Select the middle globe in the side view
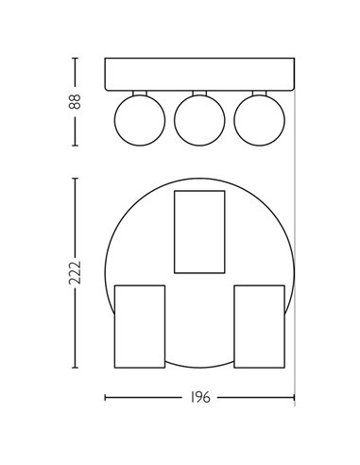198,121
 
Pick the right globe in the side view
259,121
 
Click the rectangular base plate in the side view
198,75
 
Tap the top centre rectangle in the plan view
199,232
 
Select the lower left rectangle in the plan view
139,326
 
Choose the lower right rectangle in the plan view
260,326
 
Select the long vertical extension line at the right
294,236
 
